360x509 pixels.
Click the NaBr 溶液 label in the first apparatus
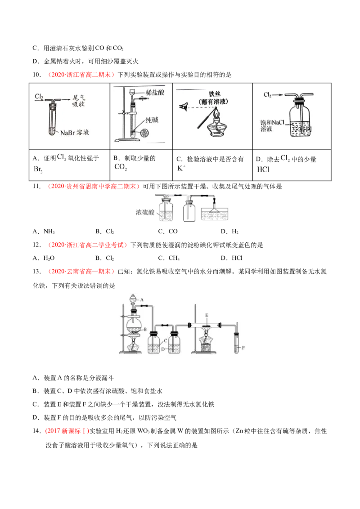click(x=74, y=133)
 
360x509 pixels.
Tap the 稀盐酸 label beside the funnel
click(x=155, y=93)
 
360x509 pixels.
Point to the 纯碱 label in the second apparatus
click(x=152, y=120)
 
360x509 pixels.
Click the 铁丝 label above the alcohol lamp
click(x=215, y=94)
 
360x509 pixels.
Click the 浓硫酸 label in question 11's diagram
click(x=145, y=212)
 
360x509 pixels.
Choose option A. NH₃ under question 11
click(x=44, y=232)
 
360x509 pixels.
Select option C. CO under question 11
click(x=168, y=232)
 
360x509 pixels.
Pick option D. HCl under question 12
click(x=231, y=258)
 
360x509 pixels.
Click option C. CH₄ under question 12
click(x=169, y=258)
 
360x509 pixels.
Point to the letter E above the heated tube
click(x=207, y=315)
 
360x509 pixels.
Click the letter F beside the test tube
click(x=243, y=348)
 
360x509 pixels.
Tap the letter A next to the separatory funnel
click(x=142, y=300)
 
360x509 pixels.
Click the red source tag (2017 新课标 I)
click(x=67, y=431)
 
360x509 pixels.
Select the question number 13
click(x=37, y=272)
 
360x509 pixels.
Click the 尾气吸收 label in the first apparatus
click(x=78, y=101)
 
